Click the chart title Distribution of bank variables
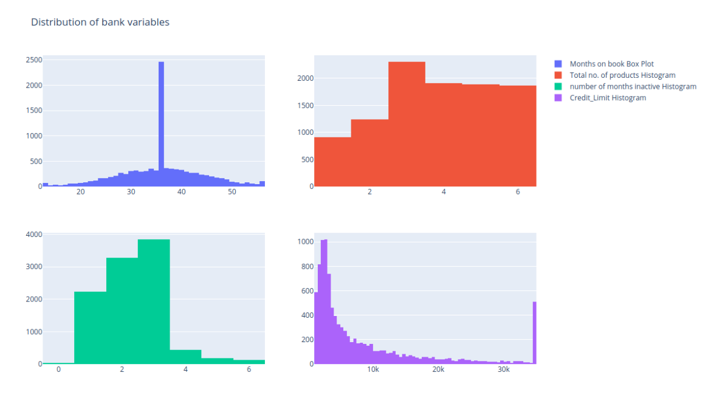tap(100, 22)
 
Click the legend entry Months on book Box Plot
tap(611, 64)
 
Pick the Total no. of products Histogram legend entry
tap(622, 75)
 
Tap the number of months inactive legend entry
tap(633, 86)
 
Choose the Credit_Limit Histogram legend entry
tap(608, 98)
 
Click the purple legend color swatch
tap(558, 98)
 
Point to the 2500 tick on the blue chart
tap(33, 60)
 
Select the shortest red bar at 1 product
tap(332, 162)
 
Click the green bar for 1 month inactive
tap(90, 328)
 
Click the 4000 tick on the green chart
tap(33, 235)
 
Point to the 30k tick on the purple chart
tap(503, 370)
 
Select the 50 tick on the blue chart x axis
tap(232, 192)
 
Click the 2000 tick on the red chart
tap(305, 78)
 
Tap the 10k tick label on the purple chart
tap(373, 370)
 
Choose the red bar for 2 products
tap(369, 153)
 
